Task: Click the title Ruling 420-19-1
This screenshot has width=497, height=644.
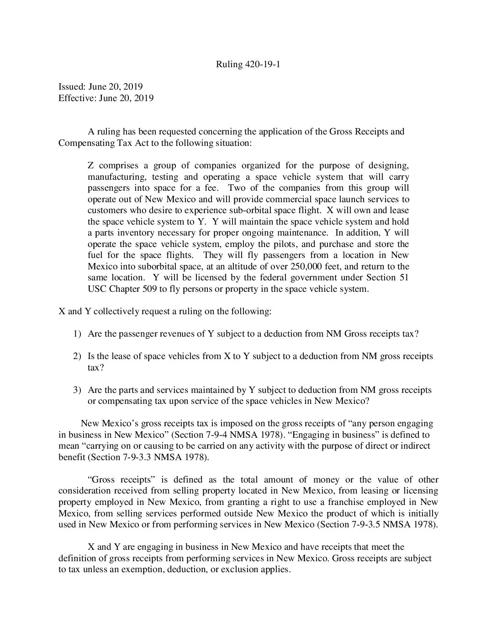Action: (x=248, y=64)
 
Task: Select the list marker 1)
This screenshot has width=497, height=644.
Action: (x=77, y=333)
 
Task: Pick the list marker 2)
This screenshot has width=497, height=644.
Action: (x=77, y=356)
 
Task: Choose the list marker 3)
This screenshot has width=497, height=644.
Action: (x=77, y=390)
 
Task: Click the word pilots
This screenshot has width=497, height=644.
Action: (x=287, y=244)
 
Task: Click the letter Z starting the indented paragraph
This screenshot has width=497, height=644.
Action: (x=90, y=165)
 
